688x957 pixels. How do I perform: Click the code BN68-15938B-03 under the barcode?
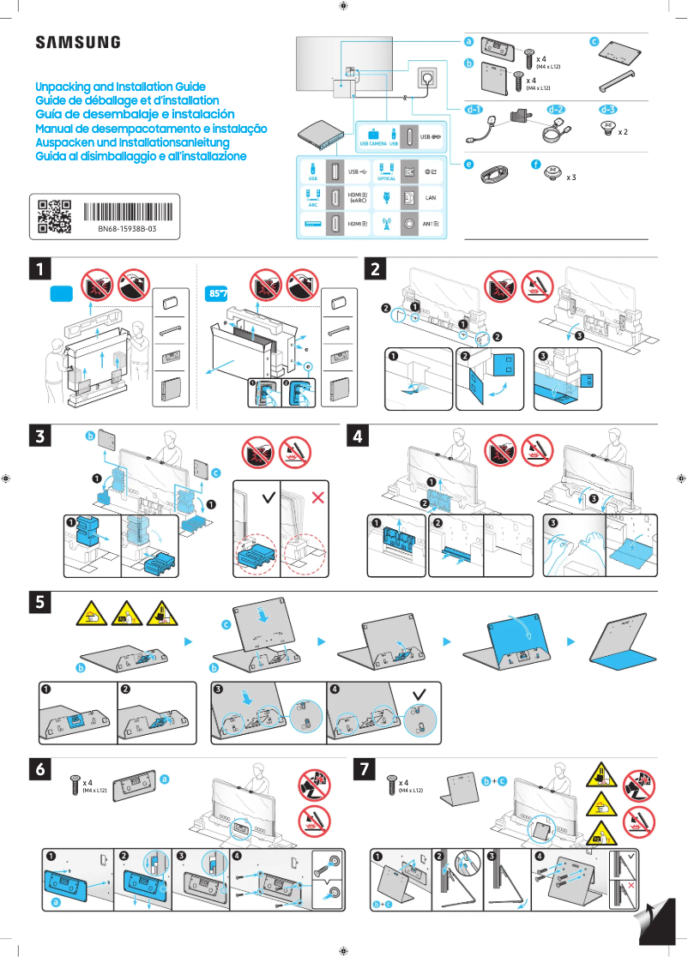click(x=120, y=231)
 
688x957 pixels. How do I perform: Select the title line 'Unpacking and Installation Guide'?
click(x=120, y=87)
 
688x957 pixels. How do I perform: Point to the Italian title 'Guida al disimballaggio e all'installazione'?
click(x=141, y=156)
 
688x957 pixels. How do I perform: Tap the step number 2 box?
click(x=377, y=268)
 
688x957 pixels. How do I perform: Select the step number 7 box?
click(x=366, y=769)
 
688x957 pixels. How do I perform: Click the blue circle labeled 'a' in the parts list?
click(x=468, y=41)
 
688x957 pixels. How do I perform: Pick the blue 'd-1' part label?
click(x=474, y=110)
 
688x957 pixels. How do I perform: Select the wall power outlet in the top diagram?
click(x=426, y=79)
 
